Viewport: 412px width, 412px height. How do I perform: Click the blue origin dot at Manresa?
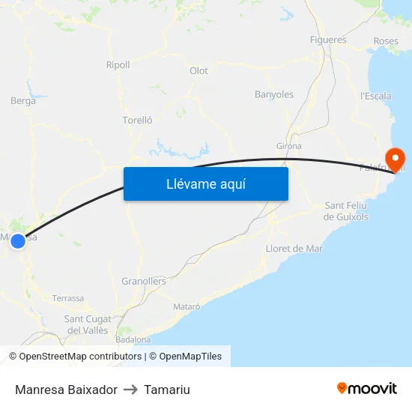[x=18, y=240]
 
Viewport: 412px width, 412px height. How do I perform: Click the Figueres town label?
[x=328, y=40]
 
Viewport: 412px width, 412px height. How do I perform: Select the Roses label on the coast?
[x=386, y=40]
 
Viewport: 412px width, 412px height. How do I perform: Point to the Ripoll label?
[x=118, y=65]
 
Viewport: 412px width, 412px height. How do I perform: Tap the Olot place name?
[x=199, y=71]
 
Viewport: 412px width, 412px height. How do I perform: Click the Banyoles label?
[x=274, y=94]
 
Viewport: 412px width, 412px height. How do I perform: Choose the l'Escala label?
[x=375, y=96]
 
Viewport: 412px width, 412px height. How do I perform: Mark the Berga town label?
[x=23, y=101]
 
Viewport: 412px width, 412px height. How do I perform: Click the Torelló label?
[x=138, y=120]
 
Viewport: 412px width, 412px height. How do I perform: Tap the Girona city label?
[x=289, y=146]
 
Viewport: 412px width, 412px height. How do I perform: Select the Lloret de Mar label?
[x=294, y=248]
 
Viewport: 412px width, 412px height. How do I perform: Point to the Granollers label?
[x=144, y=282]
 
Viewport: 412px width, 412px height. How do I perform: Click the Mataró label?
[x=187, y=306]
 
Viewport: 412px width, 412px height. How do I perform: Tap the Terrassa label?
[x=68, y=298]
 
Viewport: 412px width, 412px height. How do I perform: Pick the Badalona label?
[x=133, y=339]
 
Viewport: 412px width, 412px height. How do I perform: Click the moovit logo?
[x=367, y=389]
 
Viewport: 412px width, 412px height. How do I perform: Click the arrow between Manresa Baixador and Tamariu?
[x=130, y=390]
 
